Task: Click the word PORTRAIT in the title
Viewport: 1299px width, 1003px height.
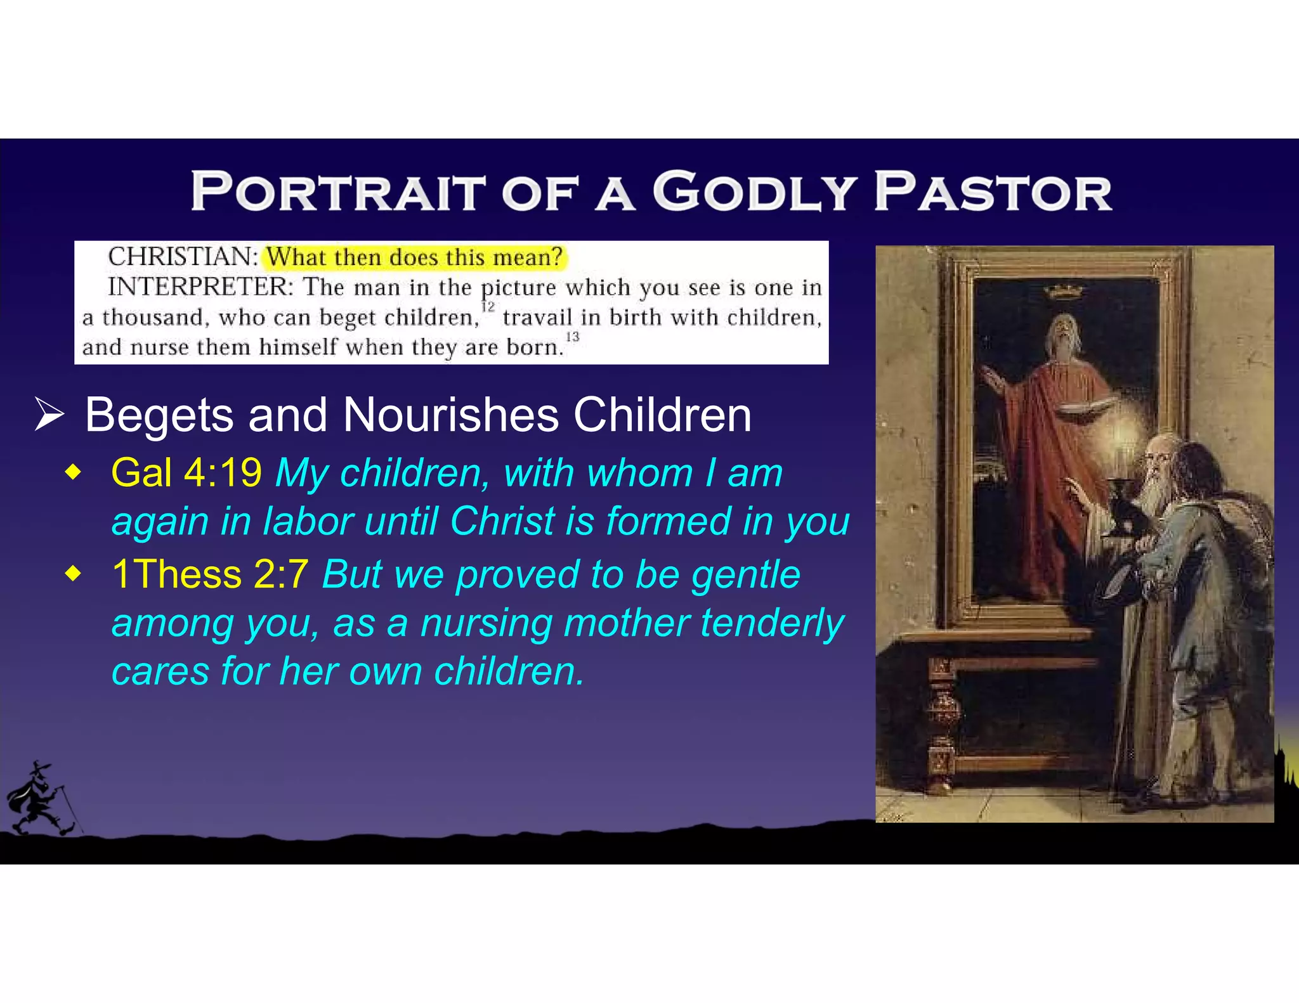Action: pyautogui.click(x=337, y=191)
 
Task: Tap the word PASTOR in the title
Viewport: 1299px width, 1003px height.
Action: pyautogui.click(x=993, y=191)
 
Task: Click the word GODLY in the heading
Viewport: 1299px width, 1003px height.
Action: pyautogui.click(x=754, y=191)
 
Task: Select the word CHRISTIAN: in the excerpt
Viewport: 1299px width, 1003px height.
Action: pyautogui.click(x=183, y=257)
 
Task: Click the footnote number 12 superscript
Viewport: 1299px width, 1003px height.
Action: pyautogui.click(x=488, y=307)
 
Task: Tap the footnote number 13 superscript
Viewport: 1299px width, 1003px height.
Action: pyautogui.click(x=573, y=337)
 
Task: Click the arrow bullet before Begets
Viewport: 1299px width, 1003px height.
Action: pyautogui.click(x=49, y=415)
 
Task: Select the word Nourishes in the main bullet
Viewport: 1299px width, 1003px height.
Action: pyautogui.click(x=451, y=415)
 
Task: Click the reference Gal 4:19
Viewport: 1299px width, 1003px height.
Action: pyautogui.click(x=186, y=473)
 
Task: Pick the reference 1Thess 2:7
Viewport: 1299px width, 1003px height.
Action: pyautogui.click(x=210, y=574)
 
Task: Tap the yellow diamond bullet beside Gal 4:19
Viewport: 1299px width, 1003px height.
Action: pyautogui.click(x=74, y=473)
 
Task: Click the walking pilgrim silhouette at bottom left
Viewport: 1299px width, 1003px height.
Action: pyautogui.click(x=41, y=799)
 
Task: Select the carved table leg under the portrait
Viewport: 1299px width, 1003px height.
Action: pyautogui.click(x=943, y=723)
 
